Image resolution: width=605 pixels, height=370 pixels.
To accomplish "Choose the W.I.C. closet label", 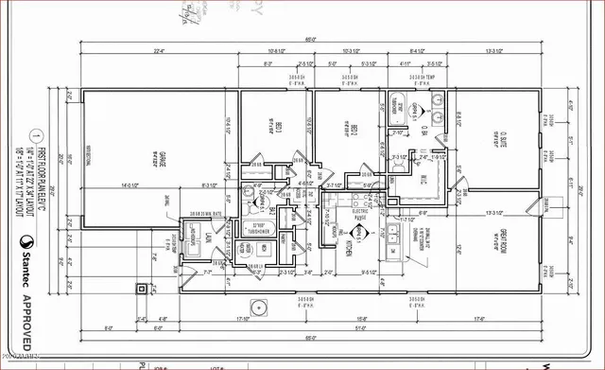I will [424, 179].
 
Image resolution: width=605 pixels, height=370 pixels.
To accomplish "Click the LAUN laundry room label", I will [197, 240].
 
